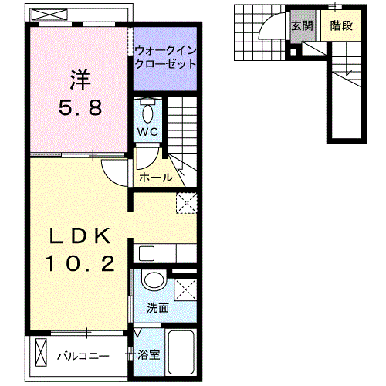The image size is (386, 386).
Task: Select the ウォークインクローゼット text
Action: (165, 58)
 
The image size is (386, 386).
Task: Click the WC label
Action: (147, 132)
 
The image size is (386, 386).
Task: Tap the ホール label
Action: (155, 178)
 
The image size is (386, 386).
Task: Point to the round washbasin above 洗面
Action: (154, 281)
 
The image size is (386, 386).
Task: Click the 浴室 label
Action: (147, 356)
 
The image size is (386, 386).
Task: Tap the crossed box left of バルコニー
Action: (42, 356)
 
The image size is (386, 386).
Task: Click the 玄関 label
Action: (301, 25)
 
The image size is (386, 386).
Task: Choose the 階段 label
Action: (340, 25)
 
